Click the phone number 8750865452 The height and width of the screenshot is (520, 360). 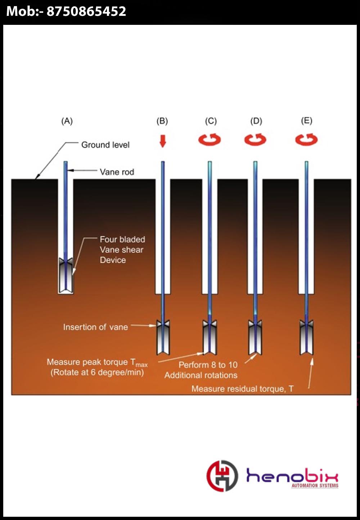pos(86,12)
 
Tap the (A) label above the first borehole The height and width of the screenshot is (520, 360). pos(67,121)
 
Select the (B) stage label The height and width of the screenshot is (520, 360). pos(162,121)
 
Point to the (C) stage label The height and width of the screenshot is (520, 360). pos(211,121)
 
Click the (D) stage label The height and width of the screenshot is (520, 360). pos(256,121)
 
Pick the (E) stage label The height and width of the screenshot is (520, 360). pos(307,121)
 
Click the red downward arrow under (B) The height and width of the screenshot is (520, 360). pos(163,141)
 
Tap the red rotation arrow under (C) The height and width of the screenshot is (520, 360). pos(210,139)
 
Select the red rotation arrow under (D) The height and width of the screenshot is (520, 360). pos(255,139)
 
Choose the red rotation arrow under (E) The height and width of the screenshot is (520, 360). pos(306,139)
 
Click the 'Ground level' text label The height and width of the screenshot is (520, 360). pos(105,145)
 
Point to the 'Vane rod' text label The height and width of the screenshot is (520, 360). pos(117,172)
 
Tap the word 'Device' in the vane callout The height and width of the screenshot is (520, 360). pos(113,260)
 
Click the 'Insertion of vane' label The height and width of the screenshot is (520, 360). pos(95,327)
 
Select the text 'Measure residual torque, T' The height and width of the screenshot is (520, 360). pos(242,389)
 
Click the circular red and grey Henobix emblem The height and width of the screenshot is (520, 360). pos(222,476)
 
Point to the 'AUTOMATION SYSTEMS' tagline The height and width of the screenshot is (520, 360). pos(315,486)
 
